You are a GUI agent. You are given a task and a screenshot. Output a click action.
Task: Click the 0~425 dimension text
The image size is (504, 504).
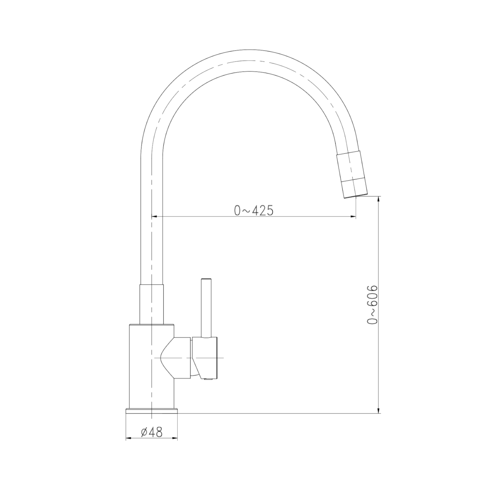tap(254, 210)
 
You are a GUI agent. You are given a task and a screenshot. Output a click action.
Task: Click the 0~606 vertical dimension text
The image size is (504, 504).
tap(372, 304)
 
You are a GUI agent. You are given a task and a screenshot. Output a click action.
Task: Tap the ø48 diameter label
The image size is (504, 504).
tap(152, 432)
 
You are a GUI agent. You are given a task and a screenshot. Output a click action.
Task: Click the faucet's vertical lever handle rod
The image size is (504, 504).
tap(206, 309)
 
